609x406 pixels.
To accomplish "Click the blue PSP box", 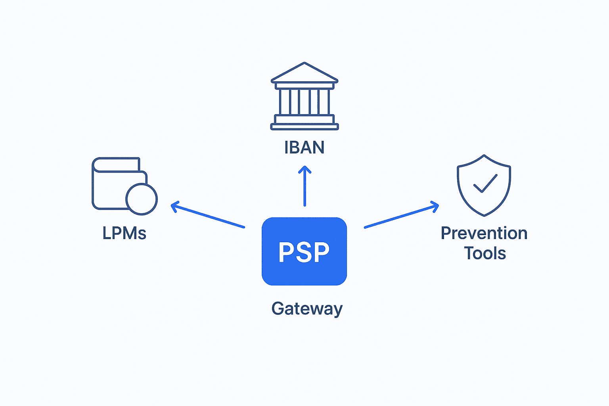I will click(x=304, y=251).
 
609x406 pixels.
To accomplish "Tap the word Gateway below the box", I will click(x=307, y=308).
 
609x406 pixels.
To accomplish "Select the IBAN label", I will click(x=304, y=147).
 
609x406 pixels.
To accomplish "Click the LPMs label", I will click(x=124, y=233).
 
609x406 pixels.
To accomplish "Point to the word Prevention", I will click(x=484, y=233).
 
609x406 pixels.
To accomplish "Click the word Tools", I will click(x=485, y=253).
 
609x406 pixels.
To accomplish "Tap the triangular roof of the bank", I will click(x=304, y=73).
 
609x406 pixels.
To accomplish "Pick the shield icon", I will click(x=484, y=185).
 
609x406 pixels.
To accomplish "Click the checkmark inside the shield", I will click(x=485, y=183).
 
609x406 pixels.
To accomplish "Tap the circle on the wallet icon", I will click(x=142, y=199).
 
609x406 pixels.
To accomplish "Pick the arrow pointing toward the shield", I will click(x=401, y=216).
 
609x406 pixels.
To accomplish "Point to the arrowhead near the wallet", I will click(x=174, y=206).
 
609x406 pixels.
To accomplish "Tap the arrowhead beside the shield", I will click(x=435, y=207).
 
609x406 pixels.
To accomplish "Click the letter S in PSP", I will click(x=304, y=252).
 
